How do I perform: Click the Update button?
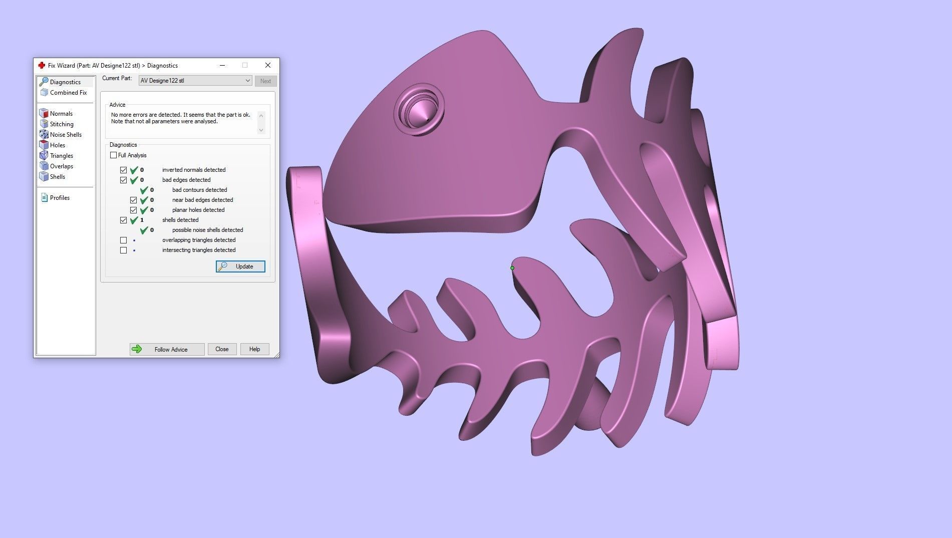[240, 266]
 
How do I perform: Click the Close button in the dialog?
[222, 349]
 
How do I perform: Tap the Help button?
[254, 349]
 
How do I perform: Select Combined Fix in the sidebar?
[68, 93]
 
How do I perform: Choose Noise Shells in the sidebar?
[65, 135]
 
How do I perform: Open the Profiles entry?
[59, 198]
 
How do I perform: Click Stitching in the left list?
[61, 124]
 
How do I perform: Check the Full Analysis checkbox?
[114, 155]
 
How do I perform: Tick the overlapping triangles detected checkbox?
[124, 240]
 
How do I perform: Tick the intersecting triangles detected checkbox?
[124, 250]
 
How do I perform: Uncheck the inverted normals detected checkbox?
[124, 170]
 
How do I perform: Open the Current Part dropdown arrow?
[247, 81]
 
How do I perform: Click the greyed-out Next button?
[265, 81]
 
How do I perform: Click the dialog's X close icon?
[268, 65]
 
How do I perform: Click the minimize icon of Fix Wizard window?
[222, 65]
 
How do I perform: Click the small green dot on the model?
[512, 268]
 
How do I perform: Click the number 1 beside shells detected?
[142, 220]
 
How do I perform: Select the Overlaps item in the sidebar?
[61, 166]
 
